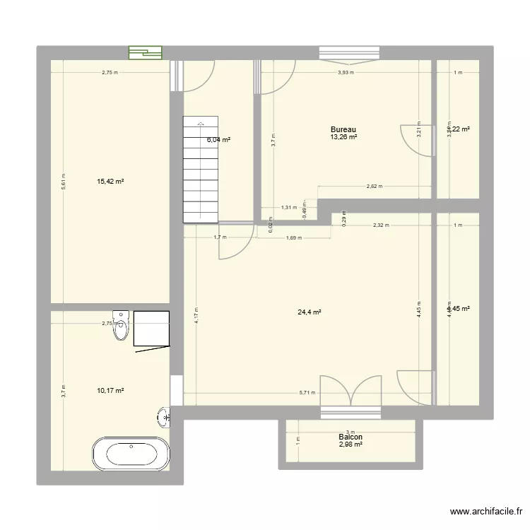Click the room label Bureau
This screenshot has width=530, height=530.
tap(343, 129)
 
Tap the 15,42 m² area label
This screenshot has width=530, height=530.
tap(110, 182)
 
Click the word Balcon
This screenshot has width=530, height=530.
tap(351, 437)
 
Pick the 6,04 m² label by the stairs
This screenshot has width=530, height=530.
tap(218, 140)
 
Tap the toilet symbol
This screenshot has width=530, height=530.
tap(122, 326)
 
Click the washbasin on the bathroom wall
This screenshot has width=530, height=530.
tap(165, 418)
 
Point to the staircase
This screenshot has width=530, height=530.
tap(200, 169)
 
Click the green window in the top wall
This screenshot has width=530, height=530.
tap(145, 52)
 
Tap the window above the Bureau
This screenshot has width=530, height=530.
tap(349, 52)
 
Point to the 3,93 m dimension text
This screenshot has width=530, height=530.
tap(346, 72)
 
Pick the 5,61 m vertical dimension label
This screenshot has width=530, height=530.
tap(63, 182)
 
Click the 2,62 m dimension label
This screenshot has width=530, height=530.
tap(374, 187)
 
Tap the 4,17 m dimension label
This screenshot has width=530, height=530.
tap(197, 314)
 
